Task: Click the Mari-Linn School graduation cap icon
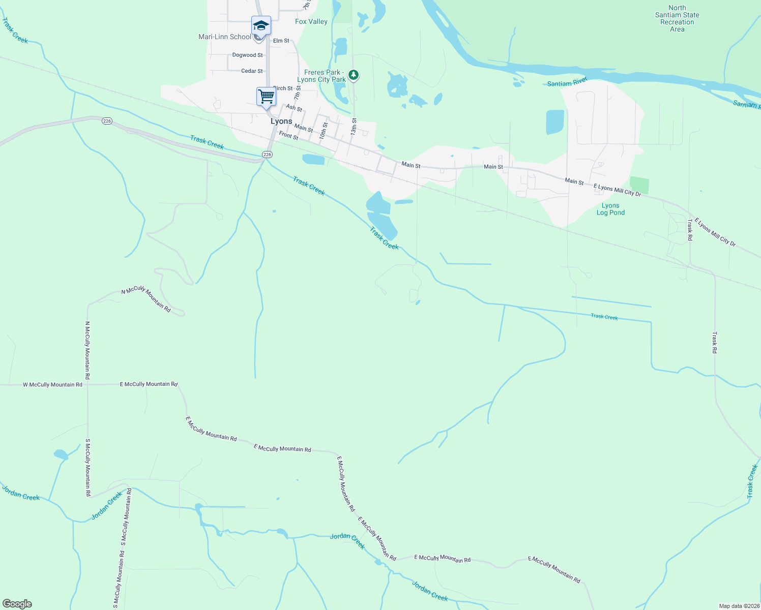point(261,25)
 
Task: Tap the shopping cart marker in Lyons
point(266,97)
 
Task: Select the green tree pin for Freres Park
point(354,75)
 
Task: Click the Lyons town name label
point(281,121)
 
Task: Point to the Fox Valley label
point(311,21)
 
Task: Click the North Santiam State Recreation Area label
point(677,19)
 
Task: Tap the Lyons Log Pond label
point(610,209)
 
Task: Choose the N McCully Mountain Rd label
point(146,298)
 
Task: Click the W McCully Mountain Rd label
point(52,385)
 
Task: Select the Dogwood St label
point(248,55)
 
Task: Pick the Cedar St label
point(252,71)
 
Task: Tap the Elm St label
point(281,41)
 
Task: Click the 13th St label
point(354,127)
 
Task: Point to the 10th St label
point(323,131)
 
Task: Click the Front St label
point(288,136)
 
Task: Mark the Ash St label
point(294,108)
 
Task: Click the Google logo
point(17,604)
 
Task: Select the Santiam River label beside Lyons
point(567,82)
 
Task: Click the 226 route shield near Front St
point(268,154)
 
